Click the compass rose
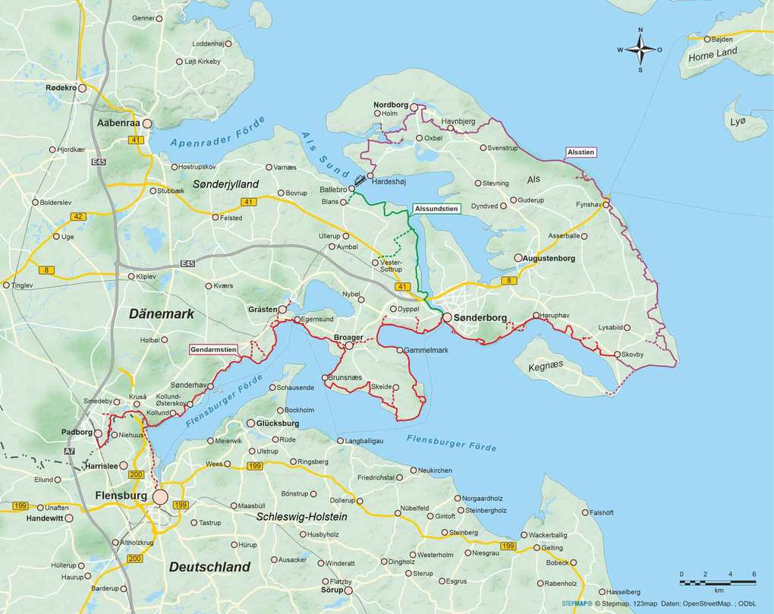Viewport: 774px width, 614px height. pos(640,50)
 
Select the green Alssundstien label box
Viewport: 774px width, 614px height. pos(436,208)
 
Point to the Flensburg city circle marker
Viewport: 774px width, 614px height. pos(161,496)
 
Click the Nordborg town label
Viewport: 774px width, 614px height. pos(391,104)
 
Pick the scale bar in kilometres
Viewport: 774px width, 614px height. pos(717,581)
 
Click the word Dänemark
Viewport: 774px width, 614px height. pos(161,313)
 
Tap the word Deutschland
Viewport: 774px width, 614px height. pos(209,567)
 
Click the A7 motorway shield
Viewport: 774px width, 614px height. pos(70,452)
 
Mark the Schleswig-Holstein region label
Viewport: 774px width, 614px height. pos(301,517)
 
